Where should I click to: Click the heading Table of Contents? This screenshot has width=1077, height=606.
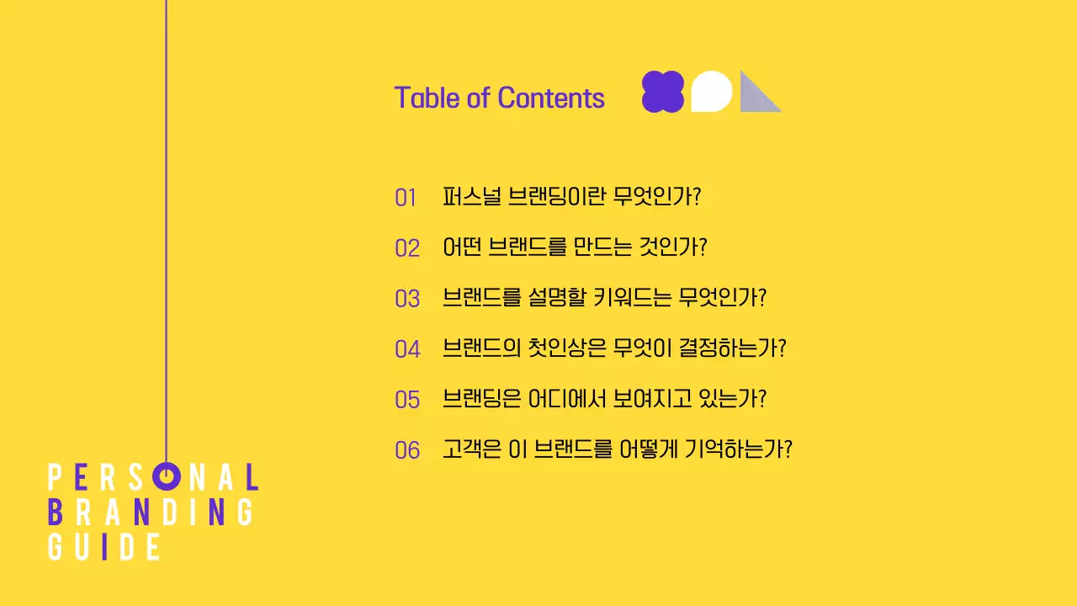pos(499,98)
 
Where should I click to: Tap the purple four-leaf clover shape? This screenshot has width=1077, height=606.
pos(663,91)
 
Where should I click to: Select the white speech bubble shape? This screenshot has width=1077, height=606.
pos(711,91)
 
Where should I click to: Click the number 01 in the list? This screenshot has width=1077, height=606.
pos(406,199)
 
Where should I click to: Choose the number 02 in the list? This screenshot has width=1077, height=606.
pos(407,248)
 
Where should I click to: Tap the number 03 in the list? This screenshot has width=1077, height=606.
pos(407,299)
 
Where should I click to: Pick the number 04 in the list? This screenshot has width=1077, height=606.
pos(407,349)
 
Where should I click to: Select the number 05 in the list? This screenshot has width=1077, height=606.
pos(407,400)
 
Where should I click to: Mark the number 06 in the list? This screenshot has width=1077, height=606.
pos(407,450)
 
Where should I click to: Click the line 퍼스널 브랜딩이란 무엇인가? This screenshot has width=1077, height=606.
pos(572,197)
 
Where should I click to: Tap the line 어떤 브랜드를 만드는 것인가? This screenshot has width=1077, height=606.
pos(575,247)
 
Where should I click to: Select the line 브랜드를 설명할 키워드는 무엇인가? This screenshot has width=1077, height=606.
pos(605,298)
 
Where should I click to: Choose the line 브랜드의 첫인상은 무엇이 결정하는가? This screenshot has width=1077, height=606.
pos(614,348)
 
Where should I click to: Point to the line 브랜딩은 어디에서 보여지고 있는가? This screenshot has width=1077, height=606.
pos(605,399)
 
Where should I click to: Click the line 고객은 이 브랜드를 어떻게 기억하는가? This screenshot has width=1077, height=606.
pos(618,449)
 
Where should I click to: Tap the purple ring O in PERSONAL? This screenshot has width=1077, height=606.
pos(167,476)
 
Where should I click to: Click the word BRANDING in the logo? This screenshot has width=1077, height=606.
pos(151,512)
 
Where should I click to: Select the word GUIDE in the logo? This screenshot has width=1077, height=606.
pos(104,546)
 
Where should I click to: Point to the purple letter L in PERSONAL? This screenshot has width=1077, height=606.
pos(251,477)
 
